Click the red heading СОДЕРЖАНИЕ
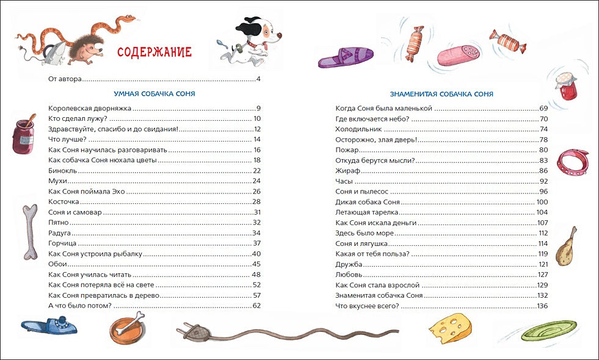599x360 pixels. [x=154, y=51]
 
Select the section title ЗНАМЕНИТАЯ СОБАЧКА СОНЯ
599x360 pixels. [x=441, y=94]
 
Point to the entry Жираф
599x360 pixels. [x=346, y=171]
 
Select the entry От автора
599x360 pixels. [x=65, y=79]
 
